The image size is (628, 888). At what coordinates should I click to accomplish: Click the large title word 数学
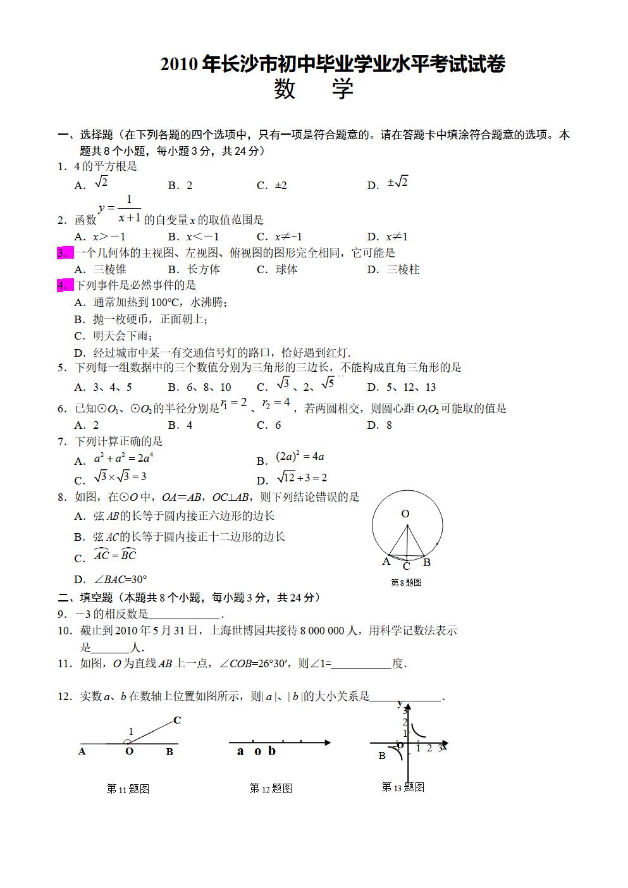tap(314, 89)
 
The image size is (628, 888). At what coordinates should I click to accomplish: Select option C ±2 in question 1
tap(272, 185)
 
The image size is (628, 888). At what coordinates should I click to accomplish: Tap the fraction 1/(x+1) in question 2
tap(129, 209)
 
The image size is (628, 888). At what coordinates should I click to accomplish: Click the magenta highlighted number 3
tap(63, 253)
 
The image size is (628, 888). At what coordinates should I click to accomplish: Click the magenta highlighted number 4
tap(63, 285)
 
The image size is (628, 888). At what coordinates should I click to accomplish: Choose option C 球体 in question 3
tap(278, 269)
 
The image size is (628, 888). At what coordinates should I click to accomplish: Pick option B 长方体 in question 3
tap(194, 269)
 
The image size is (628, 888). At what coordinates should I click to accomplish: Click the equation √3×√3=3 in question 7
tap(120, 477)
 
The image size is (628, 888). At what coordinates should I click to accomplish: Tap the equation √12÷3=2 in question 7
tap(302, 478)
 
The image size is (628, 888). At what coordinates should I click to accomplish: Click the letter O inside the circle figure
tap(405, 514)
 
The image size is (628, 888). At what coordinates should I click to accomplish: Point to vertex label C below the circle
tap(407, 567)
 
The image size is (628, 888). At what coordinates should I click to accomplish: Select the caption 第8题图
tap(406, 583)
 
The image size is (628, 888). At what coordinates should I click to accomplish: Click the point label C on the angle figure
tap(177, 720)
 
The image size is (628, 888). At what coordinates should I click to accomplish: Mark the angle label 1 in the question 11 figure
tap(131, 732)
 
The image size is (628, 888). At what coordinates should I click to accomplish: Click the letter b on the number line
tap(272, 751)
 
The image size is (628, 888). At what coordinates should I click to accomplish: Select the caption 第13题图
tap(403, 787)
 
